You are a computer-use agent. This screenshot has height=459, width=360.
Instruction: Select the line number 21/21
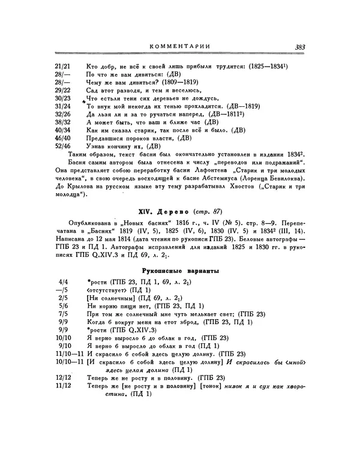pos(62,64)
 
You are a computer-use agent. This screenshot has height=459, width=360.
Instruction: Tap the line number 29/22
pos(62,89)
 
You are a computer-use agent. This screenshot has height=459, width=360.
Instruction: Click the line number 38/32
pos(62,121)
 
